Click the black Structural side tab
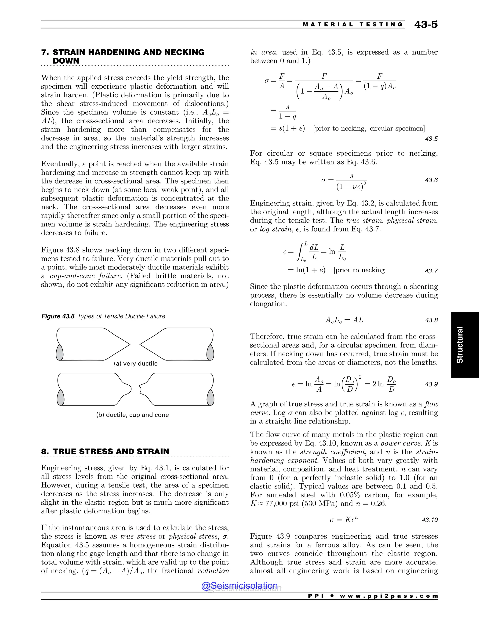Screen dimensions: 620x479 point(460,345)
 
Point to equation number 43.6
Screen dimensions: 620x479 point(431,180)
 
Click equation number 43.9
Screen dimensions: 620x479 point(431,384)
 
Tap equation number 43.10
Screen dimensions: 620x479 point(430,520)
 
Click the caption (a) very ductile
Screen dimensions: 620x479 point(136,363)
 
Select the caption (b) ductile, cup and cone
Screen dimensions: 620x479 point(133,415)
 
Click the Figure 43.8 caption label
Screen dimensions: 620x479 point(58,316)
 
